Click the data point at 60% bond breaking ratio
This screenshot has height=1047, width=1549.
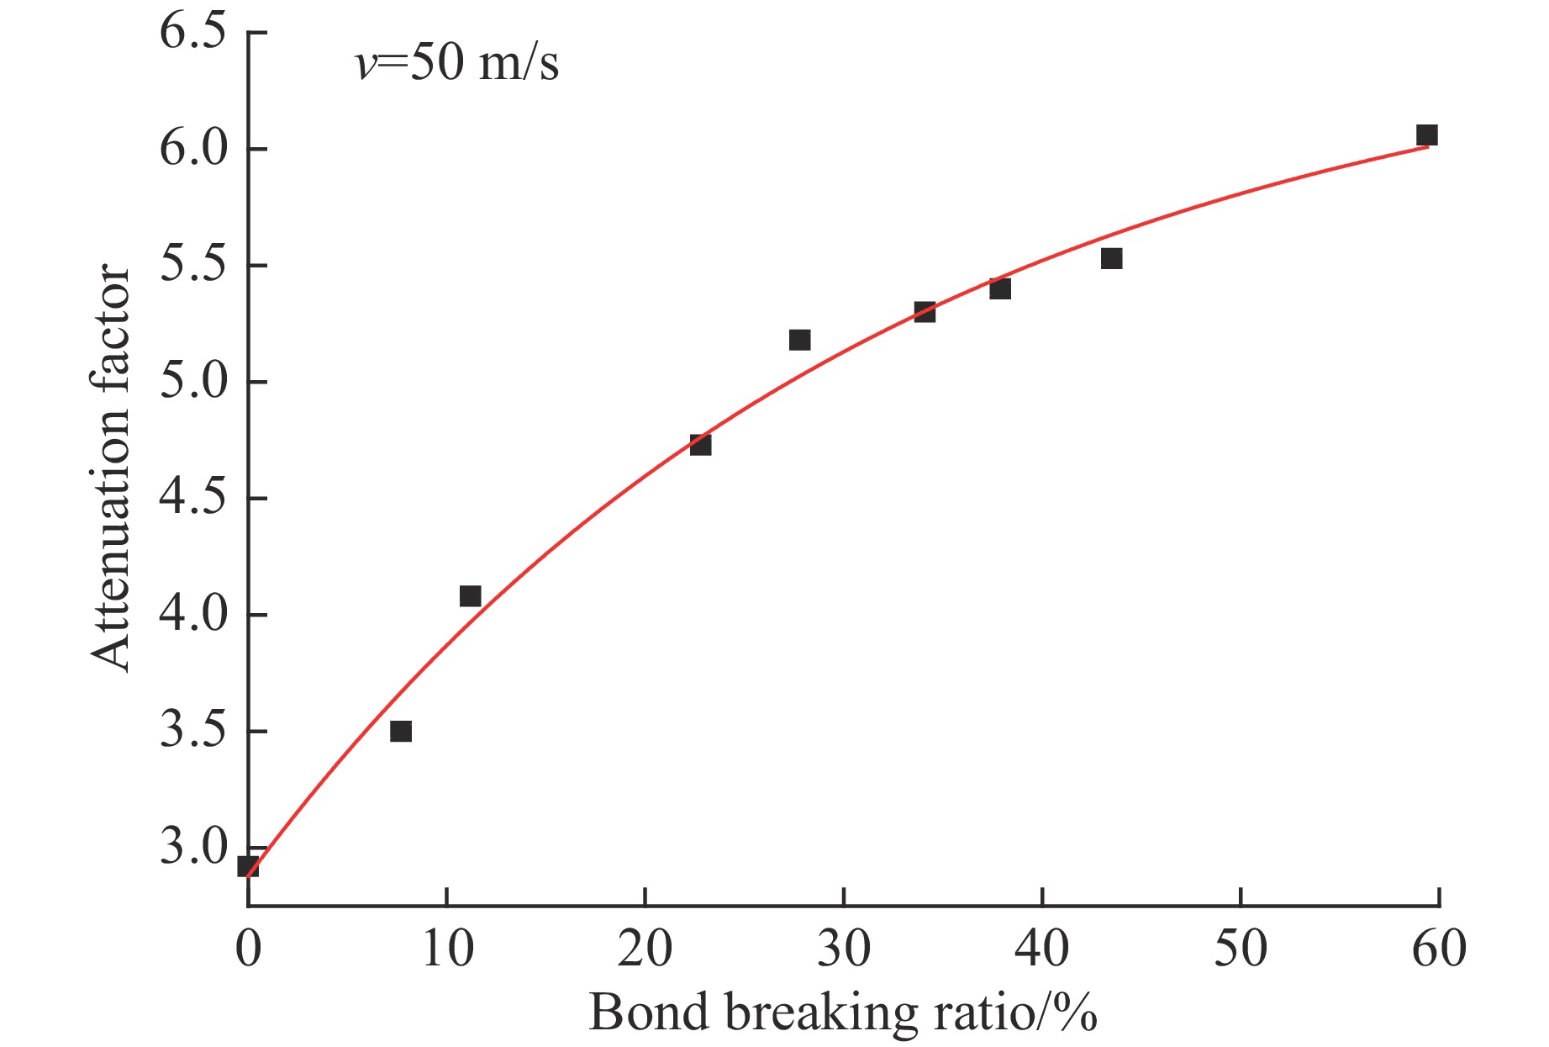point(1426,135)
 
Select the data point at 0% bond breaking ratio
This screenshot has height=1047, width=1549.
point(248,866)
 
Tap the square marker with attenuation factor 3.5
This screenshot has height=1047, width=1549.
point(401,731)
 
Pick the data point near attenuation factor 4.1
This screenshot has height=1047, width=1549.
point(470,596)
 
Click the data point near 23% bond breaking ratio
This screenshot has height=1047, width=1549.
point(700,444)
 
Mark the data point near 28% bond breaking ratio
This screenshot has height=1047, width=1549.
point(799,340)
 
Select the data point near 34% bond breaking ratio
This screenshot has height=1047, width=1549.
point(925,312)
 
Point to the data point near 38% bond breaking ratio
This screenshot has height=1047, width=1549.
point(999,288)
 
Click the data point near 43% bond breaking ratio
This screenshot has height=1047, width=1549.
point(1111,258)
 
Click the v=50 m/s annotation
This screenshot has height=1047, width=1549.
point(457,64)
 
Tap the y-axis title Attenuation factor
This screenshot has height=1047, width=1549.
point(111,468)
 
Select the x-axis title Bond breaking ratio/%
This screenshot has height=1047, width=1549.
point(842,1012)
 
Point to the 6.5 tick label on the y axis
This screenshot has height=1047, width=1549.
point(193,34)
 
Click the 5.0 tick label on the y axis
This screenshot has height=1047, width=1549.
point(193,383)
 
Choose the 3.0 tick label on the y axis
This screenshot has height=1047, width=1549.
point(193,848)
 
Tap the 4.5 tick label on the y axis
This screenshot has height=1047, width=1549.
point(193,499)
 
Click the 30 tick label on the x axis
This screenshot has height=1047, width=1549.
point(843,949)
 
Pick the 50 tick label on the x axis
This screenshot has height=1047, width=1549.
point(1241,949)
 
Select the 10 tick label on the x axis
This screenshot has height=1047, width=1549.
point(446,949)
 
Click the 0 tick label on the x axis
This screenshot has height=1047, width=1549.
point(248,949)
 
